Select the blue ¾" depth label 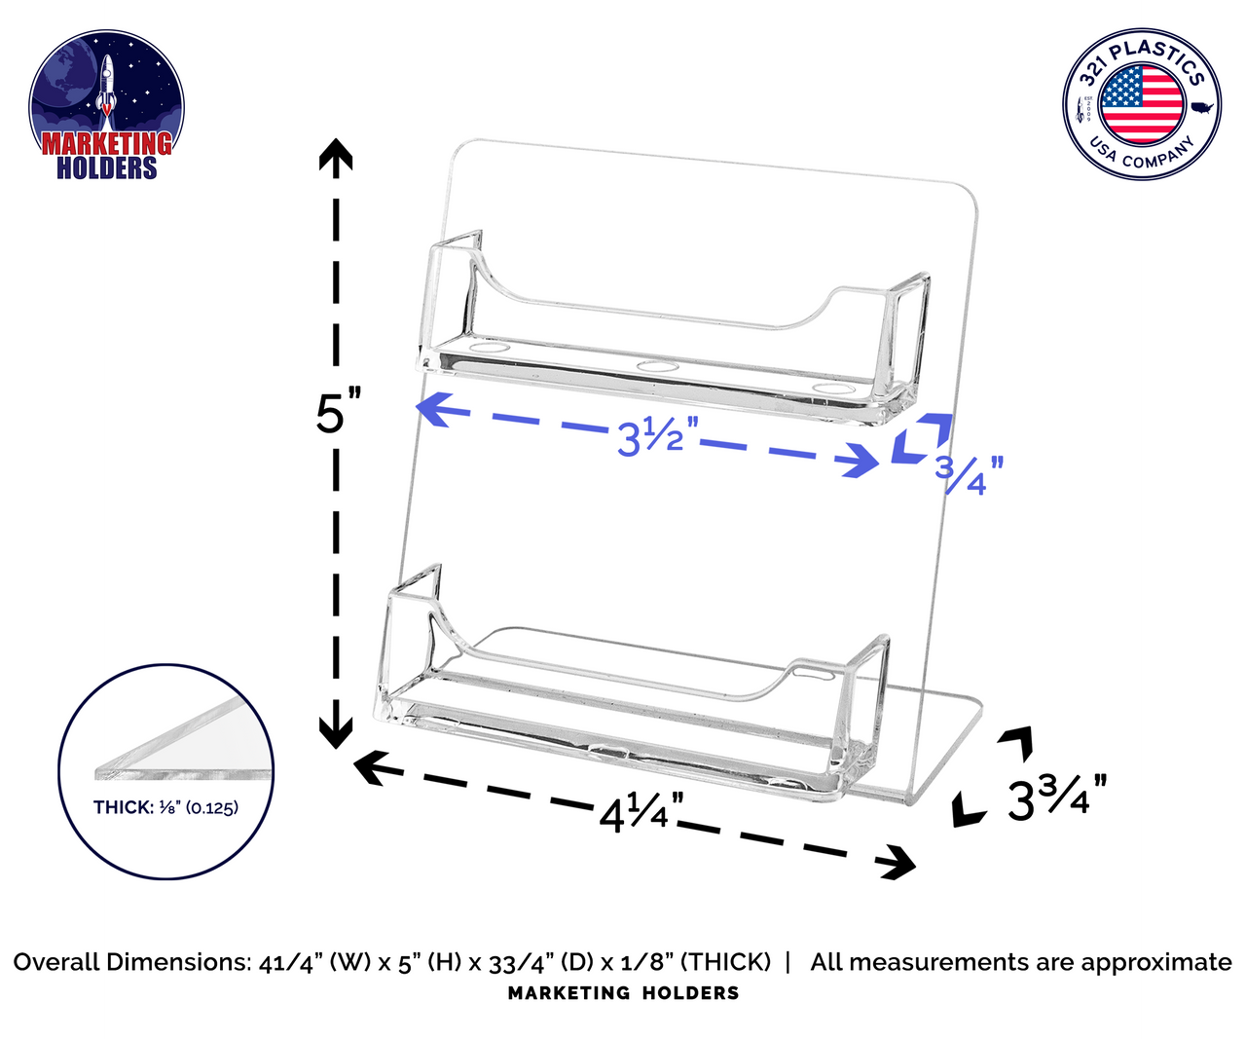(968, 474)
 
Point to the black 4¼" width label (640, 811)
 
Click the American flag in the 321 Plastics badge (1142, 103)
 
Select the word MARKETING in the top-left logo (106, 144)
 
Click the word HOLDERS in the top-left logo (106, 168)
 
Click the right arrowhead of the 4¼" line (900, 862)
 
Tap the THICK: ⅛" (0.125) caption (165, 807)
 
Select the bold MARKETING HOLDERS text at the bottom (623, 993)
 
